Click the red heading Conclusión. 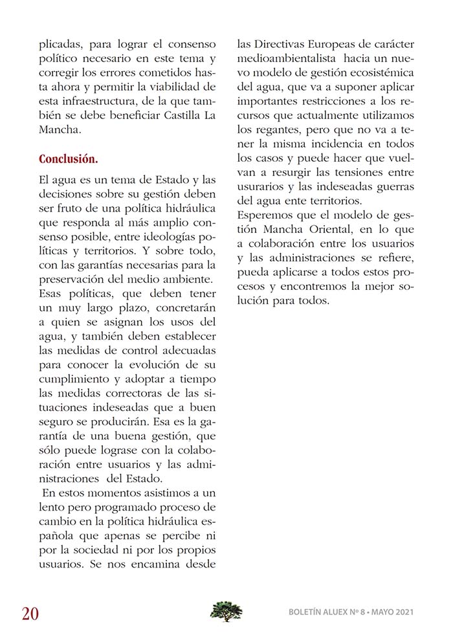69,159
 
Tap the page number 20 31,613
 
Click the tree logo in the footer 226,611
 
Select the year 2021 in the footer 401,612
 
